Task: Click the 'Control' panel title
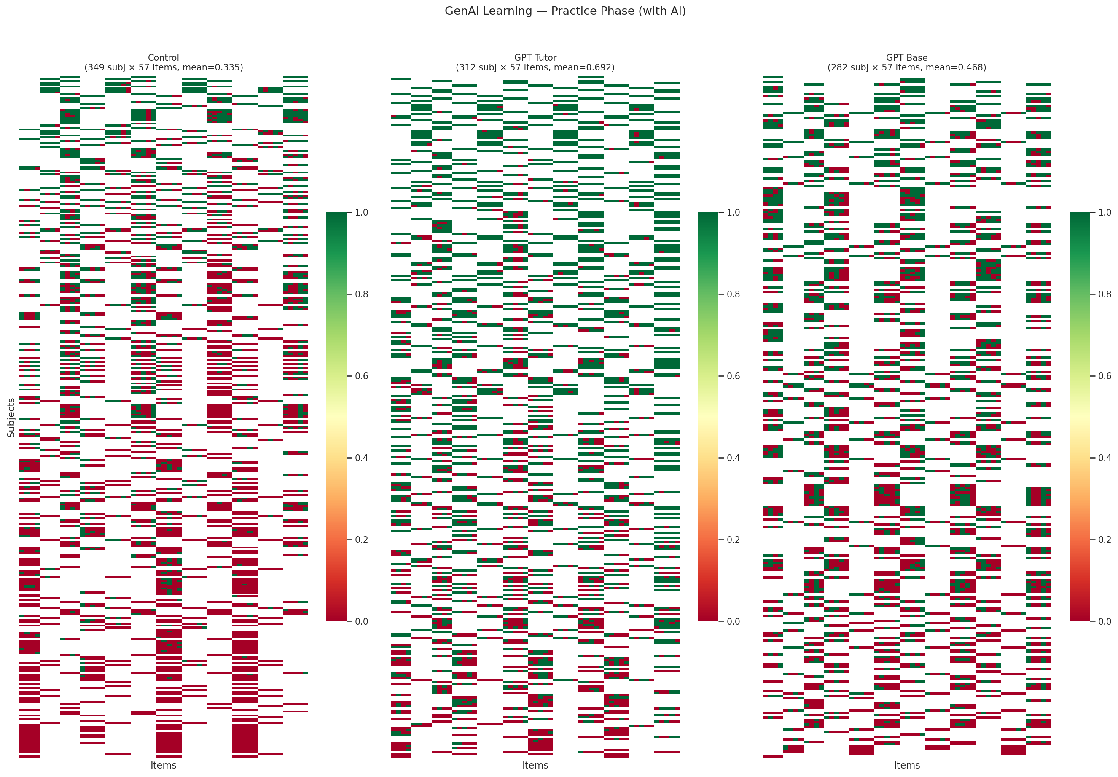click(x=164, y=57)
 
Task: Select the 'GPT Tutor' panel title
click(x=535, y=57)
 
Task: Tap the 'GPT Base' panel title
click(x=906, y=57)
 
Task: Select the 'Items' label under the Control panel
click(x=164, y=765)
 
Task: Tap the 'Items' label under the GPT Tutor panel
click(x=535, y=765)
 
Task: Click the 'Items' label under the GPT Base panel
click(x=906, y=765)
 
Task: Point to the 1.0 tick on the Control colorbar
click(x=361, y=212)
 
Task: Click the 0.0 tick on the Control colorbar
click(x=361, y=621)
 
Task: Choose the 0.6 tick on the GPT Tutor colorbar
click(x=733, y=376)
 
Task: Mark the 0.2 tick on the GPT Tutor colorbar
click(x=733, y=540)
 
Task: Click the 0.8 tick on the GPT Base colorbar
click(x=1105, y=294)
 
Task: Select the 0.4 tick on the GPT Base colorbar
click(x=1105, y=458)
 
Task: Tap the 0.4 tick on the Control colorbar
click(x=361, y=458)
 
